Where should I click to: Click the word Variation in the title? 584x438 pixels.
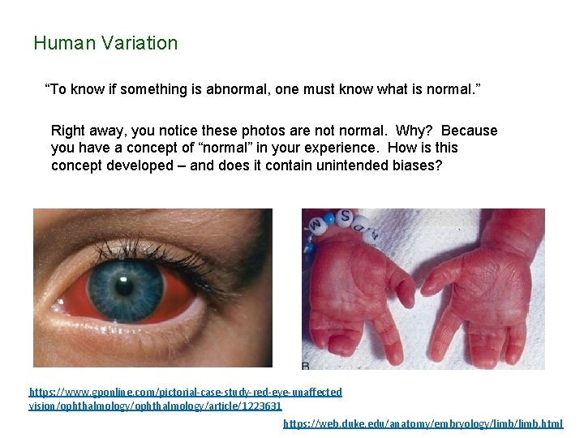tap(140, 44)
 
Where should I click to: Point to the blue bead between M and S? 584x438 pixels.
tap(330, 218)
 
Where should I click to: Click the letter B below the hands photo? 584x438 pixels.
tap(306, 365)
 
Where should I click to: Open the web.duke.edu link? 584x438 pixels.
tap(422, 423)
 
